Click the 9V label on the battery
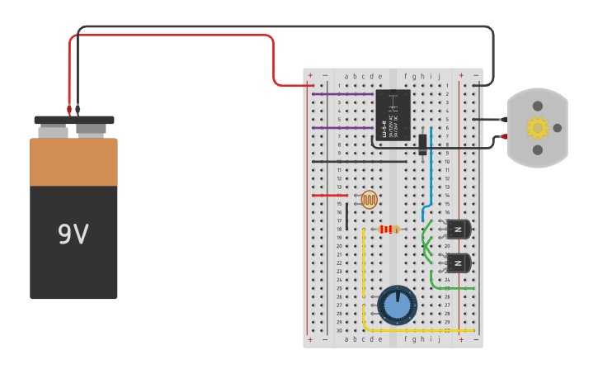coord(73,235)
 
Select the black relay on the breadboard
coord(393,115)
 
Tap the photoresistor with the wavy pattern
coord(370,199)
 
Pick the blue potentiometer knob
coord(398,305)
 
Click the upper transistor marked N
coord(458,229)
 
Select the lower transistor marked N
coord(458,263)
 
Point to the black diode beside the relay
coord(423,144)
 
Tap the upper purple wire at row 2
coord(342,94)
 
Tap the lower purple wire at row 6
coord(342,128)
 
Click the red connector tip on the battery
coord(69,109)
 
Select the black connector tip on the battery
coord(78,109)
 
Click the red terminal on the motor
coord(504,136)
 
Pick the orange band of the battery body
coord(73,163)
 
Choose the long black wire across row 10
coord(363,162)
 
